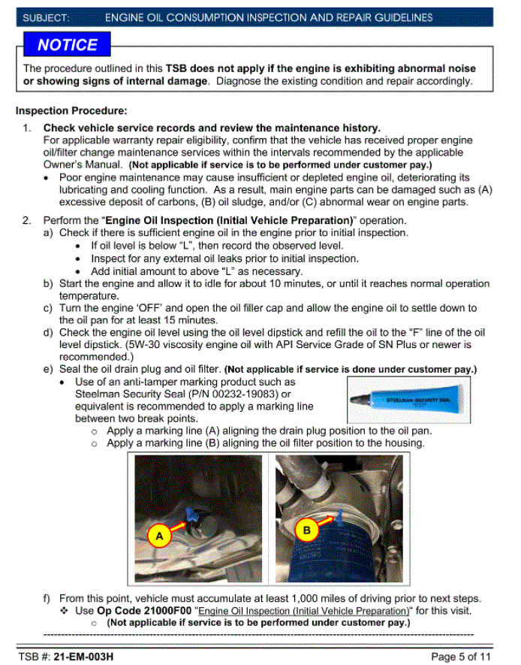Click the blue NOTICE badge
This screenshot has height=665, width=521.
click(x=68, y=44)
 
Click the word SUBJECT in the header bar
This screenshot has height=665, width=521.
click(x=47, y=17)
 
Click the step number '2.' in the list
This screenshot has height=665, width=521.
click(x=27, y=220)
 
